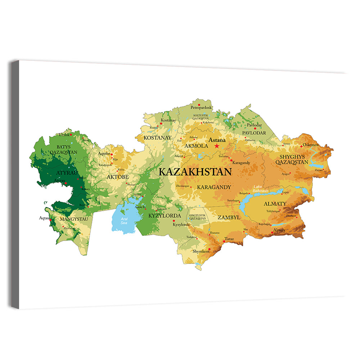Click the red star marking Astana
217,146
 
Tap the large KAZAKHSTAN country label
195,172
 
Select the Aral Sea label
124,221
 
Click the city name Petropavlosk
201,107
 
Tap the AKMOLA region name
196,146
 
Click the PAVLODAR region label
254,133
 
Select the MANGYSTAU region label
71,219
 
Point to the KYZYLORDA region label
165,216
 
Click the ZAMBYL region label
229,217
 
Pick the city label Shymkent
201,251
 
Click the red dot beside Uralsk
71,135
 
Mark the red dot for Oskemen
301,146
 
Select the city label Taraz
229,239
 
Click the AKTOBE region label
117,177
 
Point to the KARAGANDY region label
214,187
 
